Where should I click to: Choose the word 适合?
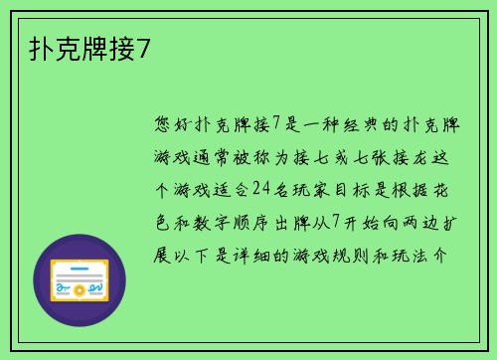(229, 190)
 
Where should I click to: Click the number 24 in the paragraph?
(261, 190)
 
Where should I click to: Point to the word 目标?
(353, 190)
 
